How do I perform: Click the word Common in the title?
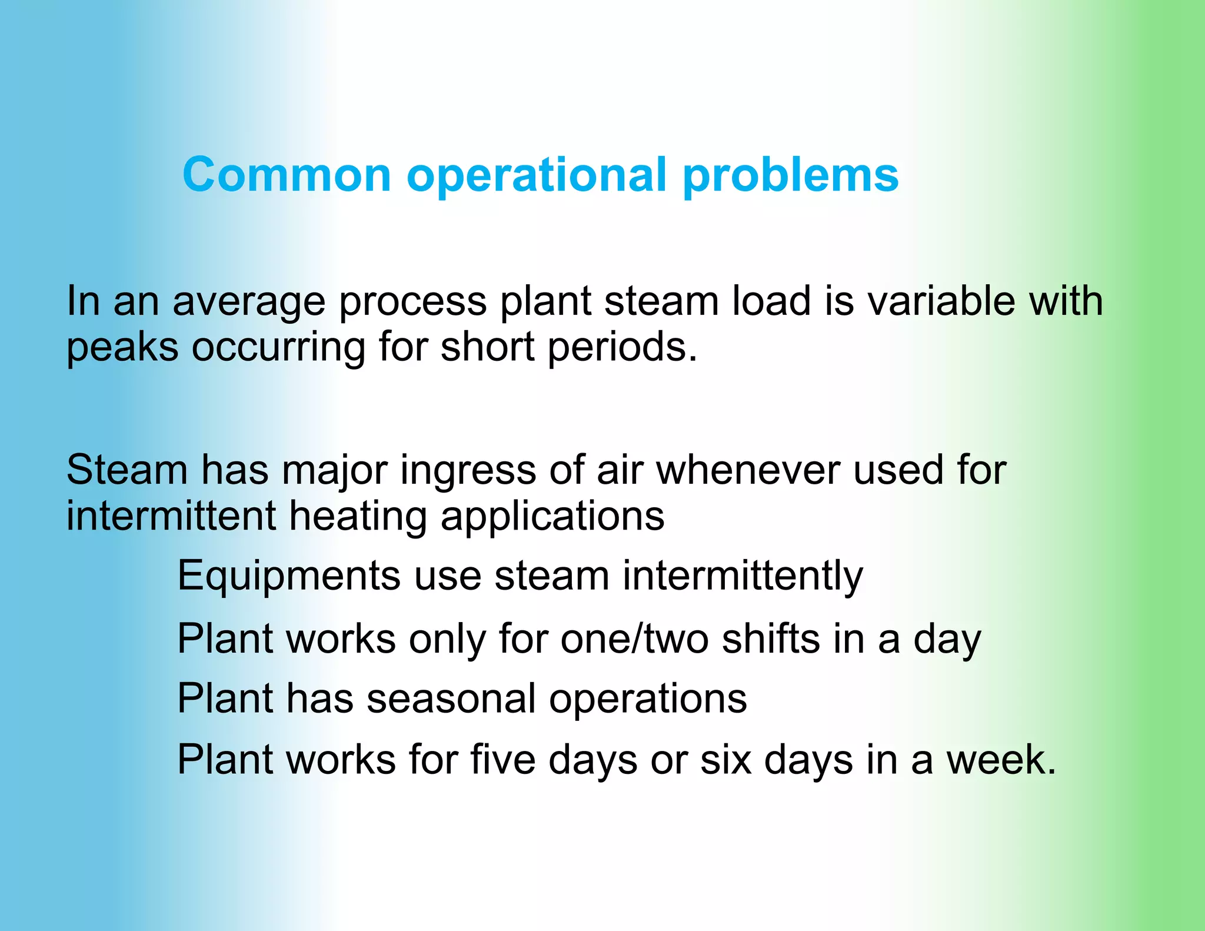tap(287, 175)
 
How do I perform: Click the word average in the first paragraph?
tap(248, 302)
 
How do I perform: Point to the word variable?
tap(941, 301)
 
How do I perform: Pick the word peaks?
tap(122, 348)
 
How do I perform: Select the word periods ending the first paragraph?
tap(621, 348)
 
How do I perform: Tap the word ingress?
tap(467, 471)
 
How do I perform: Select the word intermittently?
tap(743, 576)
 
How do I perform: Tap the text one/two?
tap(634, 639)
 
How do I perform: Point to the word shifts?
tap(770, 639)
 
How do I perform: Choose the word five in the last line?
tap(502, 760)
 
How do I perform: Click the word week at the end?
tap(1000, 760)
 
